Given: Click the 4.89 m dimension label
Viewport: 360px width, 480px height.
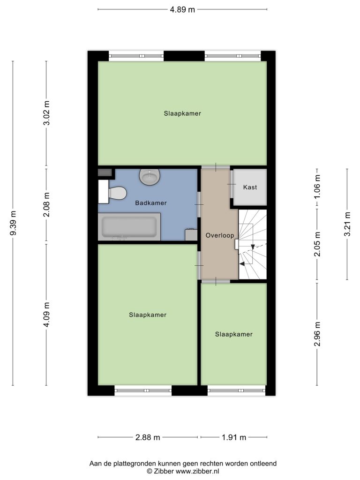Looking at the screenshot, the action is pos(182,9).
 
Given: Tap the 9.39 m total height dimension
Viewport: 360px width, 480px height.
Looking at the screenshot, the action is pos(13,223).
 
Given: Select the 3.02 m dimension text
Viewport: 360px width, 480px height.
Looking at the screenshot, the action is pos(46,113).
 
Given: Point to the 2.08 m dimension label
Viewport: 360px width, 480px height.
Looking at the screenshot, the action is pos(46,204).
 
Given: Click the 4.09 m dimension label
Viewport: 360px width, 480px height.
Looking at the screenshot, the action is pos(46,315).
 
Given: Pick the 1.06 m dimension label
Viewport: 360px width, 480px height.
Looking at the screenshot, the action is pos(317,187).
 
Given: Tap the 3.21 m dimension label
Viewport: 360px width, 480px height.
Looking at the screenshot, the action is pos(347,224).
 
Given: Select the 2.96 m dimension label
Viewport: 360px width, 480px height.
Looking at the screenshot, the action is pos(317,334).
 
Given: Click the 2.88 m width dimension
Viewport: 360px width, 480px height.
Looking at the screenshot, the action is pos(148,437).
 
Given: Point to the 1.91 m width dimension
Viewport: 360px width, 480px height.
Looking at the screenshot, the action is pos(234,437).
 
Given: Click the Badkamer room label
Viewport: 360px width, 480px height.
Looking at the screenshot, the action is pos(151,202).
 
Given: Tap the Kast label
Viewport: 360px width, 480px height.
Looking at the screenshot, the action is pos(250,187).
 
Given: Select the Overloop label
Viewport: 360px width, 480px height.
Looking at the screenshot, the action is pos(220,235).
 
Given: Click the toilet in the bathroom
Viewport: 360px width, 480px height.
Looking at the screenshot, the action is pos(113,192).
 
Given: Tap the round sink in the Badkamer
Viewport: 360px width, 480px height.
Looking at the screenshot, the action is pos(150,177).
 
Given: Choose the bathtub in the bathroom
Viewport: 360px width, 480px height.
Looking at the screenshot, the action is pos(129,227).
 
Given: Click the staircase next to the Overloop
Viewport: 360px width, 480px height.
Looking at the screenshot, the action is pos(253,244).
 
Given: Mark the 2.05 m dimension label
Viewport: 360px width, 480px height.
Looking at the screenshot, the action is pos(317,244).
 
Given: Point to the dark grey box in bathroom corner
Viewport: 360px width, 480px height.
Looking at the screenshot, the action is pos(105,172).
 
